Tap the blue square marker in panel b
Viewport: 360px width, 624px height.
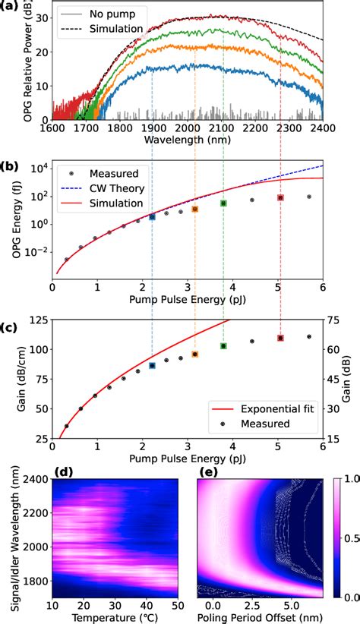point(152,217)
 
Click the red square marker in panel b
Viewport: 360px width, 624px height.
point(280,197)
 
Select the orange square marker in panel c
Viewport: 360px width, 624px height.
point(195,355)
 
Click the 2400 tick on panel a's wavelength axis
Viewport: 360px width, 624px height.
point(323,128)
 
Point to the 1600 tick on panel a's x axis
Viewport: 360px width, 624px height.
point(52,128)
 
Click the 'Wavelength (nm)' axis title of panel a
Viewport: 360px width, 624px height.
point(187,140)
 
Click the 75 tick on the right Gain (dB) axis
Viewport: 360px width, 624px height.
point(333,320)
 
